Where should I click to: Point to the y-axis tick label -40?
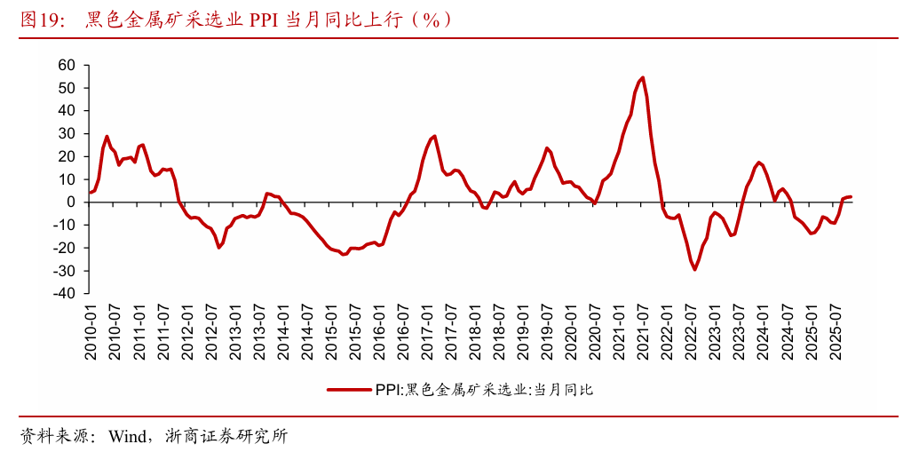(64, 294)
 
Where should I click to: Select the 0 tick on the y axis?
(73, 202)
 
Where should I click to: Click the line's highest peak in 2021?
(643, 77)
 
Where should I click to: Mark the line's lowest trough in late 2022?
(694, 269)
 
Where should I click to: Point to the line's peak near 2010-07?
(107, 137)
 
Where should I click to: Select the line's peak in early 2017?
(434, 136)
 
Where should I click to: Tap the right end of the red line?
(851, 196)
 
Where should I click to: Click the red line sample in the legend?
(349, 388)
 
